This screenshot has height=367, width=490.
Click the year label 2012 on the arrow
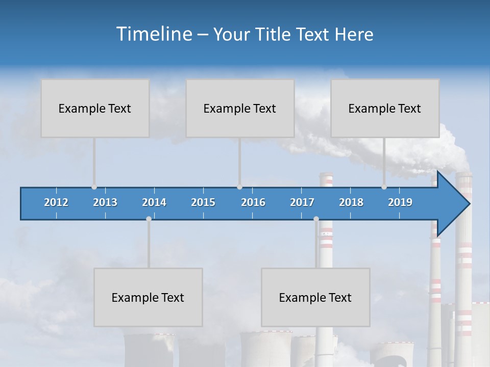[x=56, y=202]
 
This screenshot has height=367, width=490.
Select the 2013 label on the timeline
[x=105, y=202]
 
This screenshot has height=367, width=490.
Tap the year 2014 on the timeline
[x=154, y=202]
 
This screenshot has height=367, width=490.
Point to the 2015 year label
[x=203, y=202]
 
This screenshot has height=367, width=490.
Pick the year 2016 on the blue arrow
[x=253, y=202]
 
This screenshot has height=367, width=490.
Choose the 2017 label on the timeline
[x=302, y=202]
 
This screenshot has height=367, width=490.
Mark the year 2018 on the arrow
[x=351, y=202]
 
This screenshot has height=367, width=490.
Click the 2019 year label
[x=400, y=202]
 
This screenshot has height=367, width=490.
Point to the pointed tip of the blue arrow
[x=468, y=204]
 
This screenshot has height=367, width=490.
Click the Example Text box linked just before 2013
[x=95, y=108]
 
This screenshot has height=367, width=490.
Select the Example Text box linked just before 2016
[x=240, y=108]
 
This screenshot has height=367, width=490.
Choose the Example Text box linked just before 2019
[x=385, y=108]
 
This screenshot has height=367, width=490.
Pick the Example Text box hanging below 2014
[x=148, y=297]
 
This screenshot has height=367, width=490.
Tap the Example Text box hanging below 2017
[x=315, y=297]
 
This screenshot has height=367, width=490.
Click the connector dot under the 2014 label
[x=149, y=219]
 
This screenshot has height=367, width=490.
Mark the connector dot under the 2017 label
[x=316, y=219]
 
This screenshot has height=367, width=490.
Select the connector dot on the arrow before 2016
[x=239, y=187]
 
